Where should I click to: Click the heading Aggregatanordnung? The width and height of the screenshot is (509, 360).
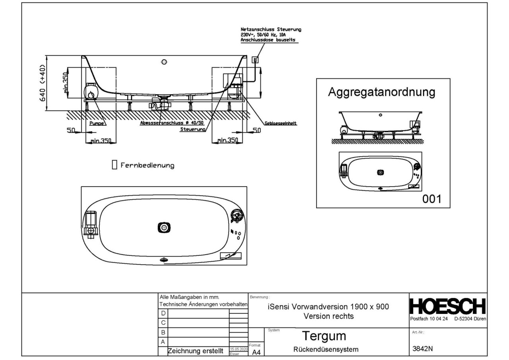[x=381, y=92]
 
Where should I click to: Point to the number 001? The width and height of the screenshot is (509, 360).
[x=431, y=198]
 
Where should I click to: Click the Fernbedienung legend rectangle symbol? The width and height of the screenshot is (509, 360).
[x=115, y=165]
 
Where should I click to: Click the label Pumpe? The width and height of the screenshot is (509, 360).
[x=97, y=124]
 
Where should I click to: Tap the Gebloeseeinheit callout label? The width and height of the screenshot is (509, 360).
[x=282, y=123]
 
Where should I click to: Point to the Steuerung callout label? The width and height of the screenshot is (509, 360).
[x=192, y=130]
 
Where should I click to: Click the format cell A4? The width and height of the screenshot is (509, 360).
[x=256, y=352]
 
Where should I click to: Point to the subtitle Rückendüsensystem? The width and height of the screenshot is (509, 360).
[x=326, y=350]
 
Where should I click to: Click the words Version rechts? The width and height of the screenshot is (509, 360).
[x=328, y=317]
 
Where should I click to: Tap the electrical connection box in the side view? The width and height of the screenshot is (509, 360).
[x=256, y=60]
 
